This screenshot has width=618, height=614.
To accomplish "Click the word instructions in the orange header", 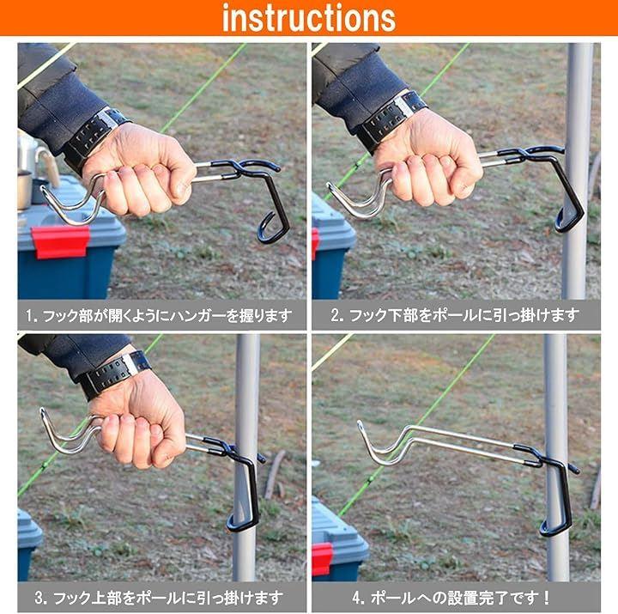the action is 309,18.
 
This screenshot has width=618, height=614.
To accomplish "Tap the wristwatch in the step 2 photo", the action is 391,119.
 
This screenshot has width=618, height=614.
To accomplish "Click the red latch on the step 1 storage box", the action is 60,241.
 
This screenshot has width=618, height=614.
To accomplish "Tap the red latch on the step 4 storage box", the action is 323,558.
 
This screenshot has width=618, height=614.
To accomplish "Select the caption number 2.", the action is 336,315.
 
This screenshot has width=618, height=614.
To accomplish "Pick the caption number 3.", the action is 40,598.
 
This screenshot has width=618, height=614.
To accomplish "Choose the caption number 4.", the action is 357,598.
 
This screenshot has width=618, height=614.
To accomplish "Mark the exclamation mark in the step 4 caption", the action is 546,598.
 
